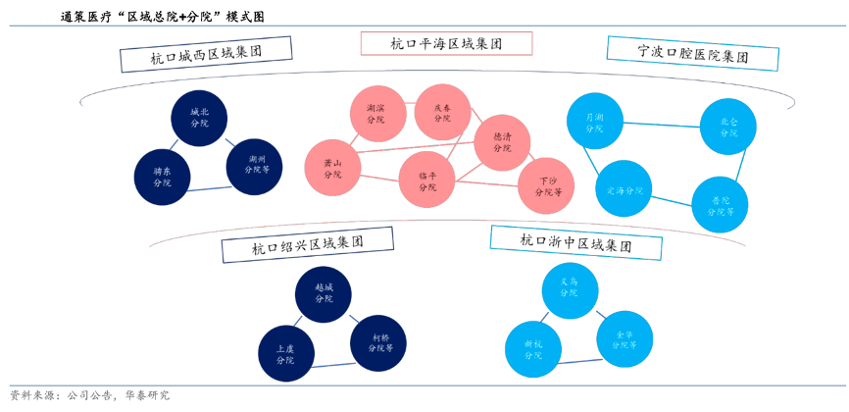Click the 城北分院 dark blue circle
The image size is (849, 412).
(200, 119)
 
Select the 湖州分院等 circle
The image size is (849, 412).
(254, 163)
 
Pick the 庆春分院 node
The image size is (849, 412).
(442, 112)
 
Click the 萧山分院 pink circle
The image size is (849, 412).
(332, 168)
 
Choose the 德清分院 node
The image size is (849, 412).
(502, 143)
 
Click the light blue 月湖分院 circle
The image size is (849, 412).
(593, 123)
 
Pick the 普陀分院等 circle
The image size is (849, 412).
(720, 204)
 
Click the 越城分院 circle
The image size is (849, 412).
(325, 294)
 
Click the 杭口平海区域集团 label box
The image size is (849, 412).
(446, 43)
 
